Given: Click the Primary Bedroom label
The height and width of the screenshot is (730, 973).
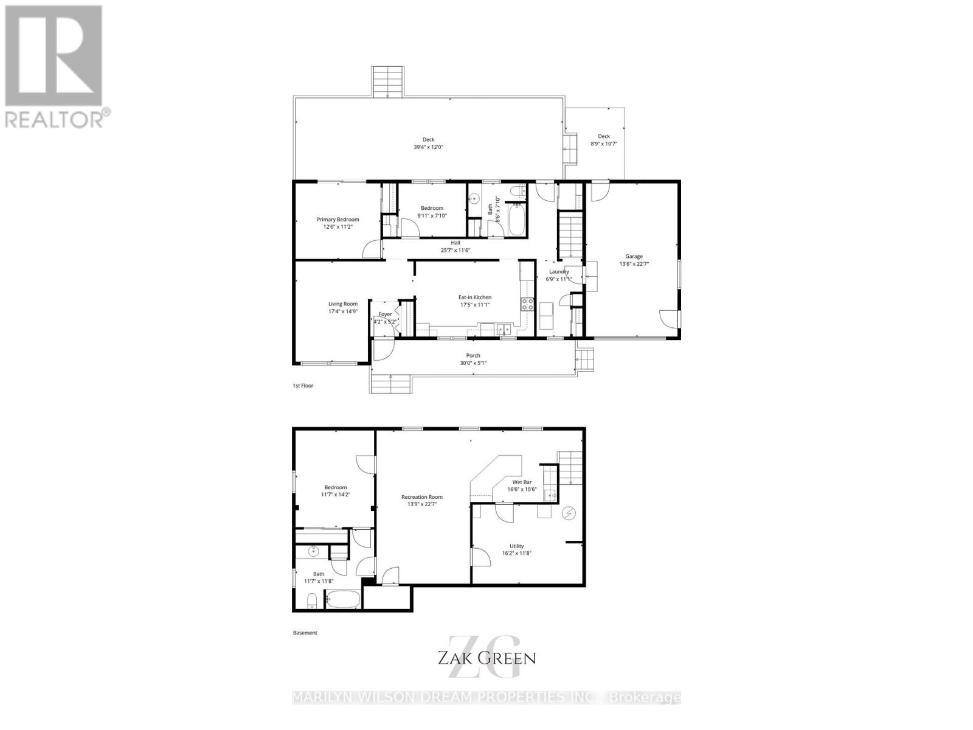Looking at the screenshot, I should [x=338, y=220].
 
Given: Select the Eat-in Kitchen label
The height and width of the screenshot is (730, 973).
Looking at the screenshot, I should [x=474, y=297].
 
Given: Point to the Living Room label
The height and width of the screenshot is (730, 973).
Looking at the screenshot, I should [x=343, y=304].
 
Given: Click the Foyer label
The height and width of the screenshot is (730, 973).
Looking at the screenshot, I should [x=385, y=315].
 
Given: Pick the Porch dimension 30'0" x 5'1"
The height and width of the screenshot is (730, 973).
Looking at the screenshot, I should [x=473, y=363].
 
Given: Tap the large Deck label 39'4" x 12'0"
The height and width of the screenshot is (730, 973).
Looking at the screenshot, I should [x=428, y=139].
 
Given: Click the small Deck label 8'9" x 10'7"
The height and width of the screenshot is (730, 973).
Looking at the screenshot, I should [x=603, y=136].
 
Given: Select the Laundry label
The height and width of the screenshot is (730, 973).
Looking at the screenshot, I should [x=559, y=272].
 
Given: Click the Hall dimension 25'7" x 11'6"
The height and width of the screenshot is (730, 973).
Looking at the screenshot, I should [x=455, y=250].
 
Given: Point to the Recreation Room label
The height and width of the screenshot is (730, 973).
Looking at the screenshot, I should [x=422, y=497].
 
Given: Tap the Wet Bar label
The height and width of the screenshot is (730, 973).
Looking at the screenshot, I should [x=522, y=482].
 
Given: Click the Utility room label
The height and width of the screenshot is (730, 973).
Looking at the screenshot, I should [x=517, y=546].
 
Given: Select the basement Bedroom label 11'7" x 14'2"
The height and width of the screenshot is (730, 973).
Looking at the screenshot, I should [x=335, y=487].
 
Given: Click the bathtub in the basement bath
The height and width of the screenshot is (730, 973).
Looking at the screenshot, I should [x=343, y=600].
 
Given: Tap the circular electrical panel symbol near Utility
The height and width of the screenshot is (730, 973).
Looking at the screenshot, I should [x=569, y=514].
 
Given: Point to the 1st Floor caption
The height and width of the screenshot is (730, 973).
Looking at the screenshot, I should [x=303, y=386].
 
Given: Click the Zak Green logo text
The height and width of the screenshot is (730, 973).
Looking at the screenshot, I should [x=486, y=658].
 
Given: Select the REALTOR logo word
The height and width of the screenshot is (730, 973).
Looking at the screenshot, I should [x=55, y=119].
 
